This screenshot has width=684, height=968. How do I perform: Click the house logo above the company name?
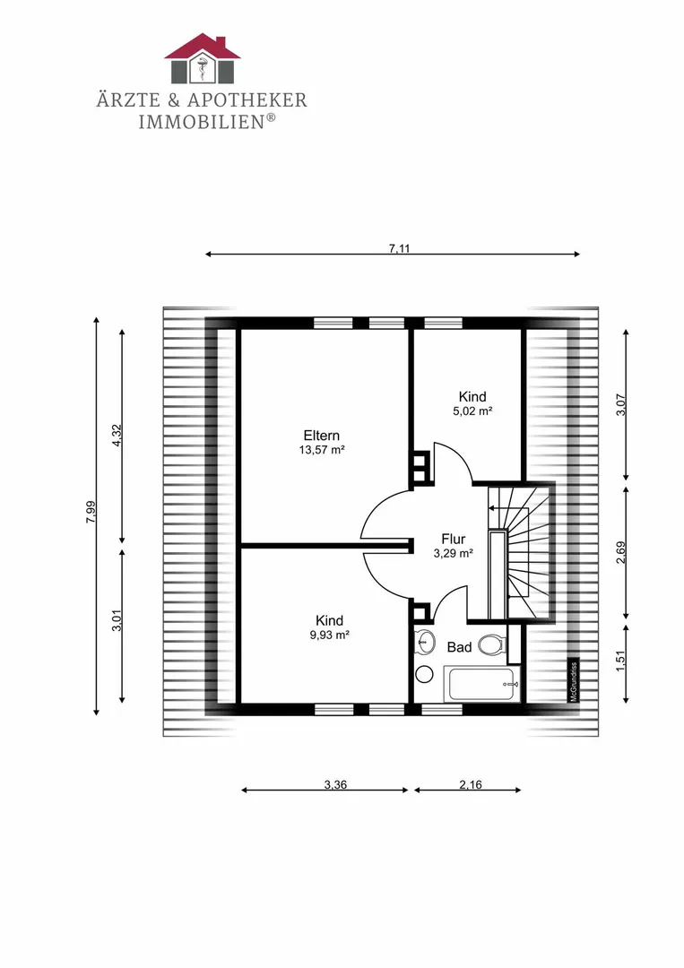(x=202, y=58)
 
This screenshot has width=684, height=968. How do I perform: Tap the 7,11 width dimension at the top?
(x=400, y=249)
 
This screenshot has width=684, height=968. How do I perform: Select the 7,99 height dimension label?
(x=91, y=513)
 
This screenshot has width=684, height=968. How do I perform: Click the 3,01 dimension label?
(x=117, y=621)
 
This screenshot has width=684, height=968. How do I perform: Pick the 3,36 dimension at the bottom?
(x=335, y=784)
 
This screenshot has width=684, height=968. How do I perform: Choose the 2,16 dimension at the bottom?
(x=471, y=784)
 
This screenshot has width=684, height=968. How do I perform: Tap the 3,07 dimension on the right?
(x=621, y=405)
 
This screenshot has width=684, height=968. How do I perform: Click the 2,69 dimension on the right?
(x=621, y=552)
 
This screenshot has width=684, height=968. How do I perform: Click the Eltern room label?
(x=322, y=436)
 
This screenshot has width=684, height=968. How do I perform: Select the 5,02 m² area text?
(x=472, y=411)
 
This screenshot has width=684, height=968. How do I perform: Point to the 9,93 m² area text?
(x=330, y=635)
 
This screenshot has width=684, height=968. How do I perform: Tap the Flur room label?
(x=453, y=539)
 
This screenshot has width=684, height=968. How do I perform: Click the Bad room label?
(x=459, y=647)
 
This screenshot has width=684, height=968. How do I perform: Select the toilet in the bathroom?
(x=492, y=645)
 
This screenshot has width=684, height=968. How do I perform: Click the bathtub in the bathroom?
(x=483, y=684)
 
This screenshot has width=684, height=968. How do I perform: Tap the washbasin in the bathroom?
(x=423, y=642)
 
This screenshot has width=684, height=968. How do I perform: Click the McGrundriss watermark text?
(x=574, y=682)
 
